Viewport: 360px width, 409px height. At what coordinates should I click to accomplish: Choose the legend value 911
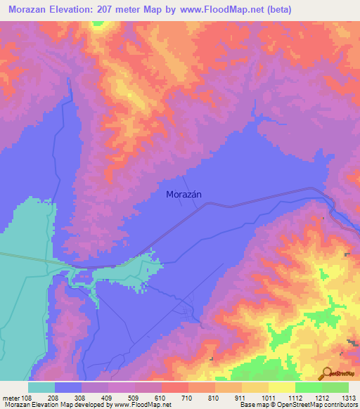(x=240, y=398)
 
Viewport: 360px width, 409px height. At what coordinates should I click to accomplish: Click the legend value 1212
(x=321, y=398)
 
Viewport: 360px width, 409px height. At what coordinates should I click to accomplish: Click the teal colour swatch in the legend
(x=41, y=387)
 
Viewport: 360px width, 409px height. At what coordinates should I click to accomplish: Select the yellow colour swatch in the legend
(x=282, y=387)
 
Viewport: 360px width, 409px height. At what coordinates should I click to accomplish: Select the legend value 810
(x=214, y=398)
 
